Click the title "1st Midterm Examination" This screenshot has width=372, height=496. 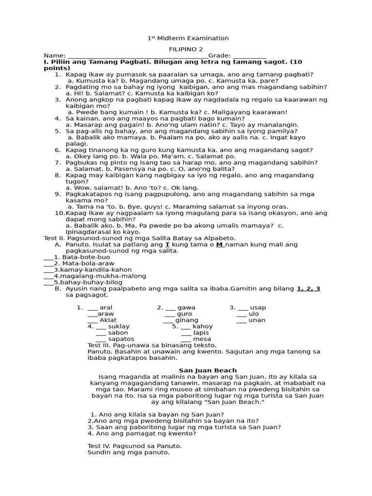[x=188, y=38]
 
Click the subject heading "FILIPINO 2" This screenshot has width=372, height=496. [x=186, y=49]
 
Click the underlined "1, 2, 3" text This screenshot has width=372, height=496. [x=308, y=289]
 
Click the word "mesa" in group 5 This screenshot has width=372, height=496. [x=202, y=339]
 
